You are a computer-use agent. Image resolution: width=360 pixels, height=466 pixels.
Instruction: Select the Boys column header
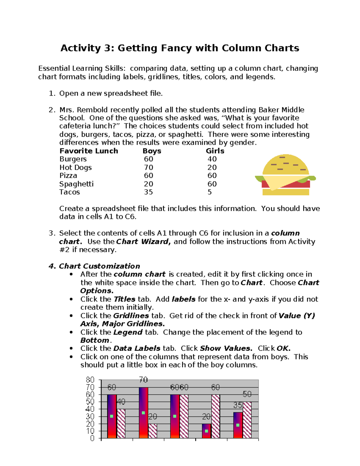point(152,151)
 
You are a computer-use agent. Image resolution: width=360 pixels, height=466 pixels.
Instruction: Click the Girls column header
point(215,151)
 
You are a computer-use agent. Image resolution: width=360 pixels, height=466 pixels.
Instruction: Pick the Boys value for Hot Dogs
point(148,167)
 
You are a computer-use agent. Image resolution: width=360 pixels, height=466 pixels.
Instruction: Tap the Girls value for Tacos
point(210,192)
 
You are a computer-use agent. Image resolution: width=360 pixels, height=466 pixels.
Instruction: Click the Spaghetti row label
point(76,184)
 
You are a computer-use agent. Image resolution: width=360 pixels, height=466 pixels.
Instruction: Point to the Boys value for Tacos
point(148,192)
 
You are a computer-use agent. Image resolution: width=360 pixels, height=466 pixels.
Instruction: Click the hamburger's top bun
point(285,164)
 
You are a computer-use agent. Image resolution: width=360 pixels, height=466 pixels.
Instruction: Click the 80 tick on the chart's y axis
point(90,380)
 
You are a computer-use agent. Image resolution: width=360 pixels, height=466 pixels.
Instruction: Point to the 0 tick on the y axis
point(92,438)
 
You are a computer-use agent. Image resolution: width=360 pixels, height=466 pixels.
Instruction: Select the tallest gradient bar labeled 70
point(143,413)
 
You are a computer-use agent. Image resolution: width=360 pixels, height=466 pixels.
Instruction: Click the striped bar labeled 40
point(121,423)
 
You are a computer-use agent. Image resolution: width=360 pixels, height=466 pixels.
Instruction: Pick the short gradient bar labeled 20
point(206,431)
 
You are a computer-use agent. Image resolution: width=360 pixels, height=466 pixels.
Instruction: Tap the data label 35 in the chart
point(238,405)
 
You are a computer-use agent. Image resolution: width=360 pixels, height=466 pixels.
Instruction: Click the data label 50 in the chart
point(247,394)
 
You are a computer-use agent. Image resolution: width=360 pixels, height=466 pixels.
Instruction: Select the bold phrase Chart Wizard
point(143,242)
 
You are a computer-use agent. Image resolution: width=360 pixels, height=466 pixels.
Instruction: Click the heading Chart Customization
point(99,266)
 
